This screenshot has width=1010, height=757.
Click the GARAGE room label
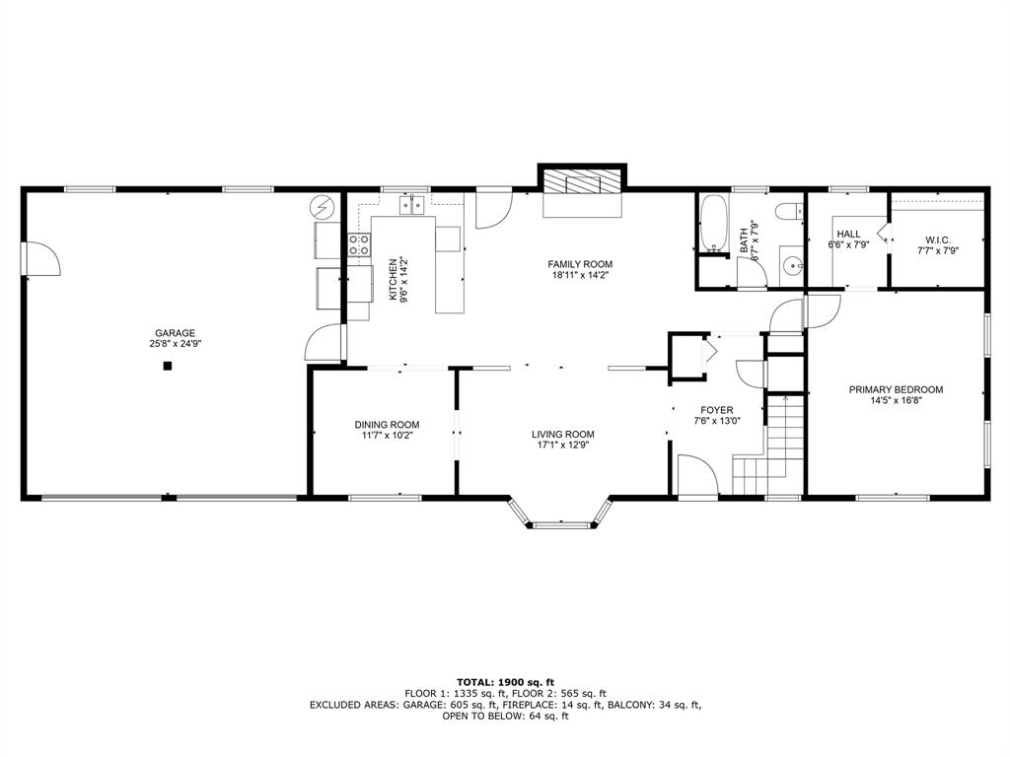[174, 333]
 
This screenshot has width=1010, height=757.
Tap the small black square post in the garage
[168, 366]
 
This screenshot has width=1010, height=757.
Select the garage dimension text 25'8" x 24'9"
[174, 345]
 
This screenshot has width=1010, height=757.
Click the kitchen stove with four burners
[358, 246]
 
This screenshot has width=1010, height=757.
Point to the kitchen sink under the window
[411, 205]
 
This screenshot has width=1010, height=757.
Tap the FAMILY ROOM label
[581, 264]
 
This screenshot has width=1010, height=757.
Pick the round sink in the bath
[791, 266]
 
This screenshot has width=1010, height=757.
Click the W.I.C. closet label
[937, 240]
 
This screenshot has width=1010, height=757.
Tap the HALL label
[848, 234]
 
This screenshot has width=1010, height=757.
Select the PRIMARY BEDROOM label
[896, 389]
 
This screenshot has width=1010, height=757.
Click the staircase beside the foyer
[769, 444]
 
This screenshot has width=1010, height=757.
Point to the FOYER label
[717, 410]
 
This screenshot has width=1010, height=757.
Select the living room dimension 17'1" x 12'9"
[563, 446]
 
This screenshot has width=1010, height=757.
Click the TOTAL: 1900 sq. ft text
[505, 682]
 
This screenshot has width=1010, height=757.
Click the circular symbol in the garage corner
[323, 209]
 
